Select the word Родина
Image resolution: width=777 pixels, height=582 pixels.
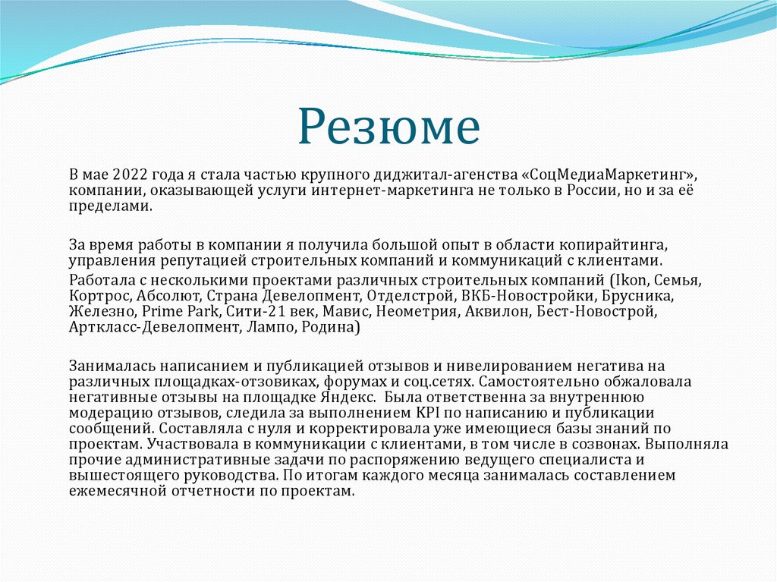[x=329, y=328]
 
